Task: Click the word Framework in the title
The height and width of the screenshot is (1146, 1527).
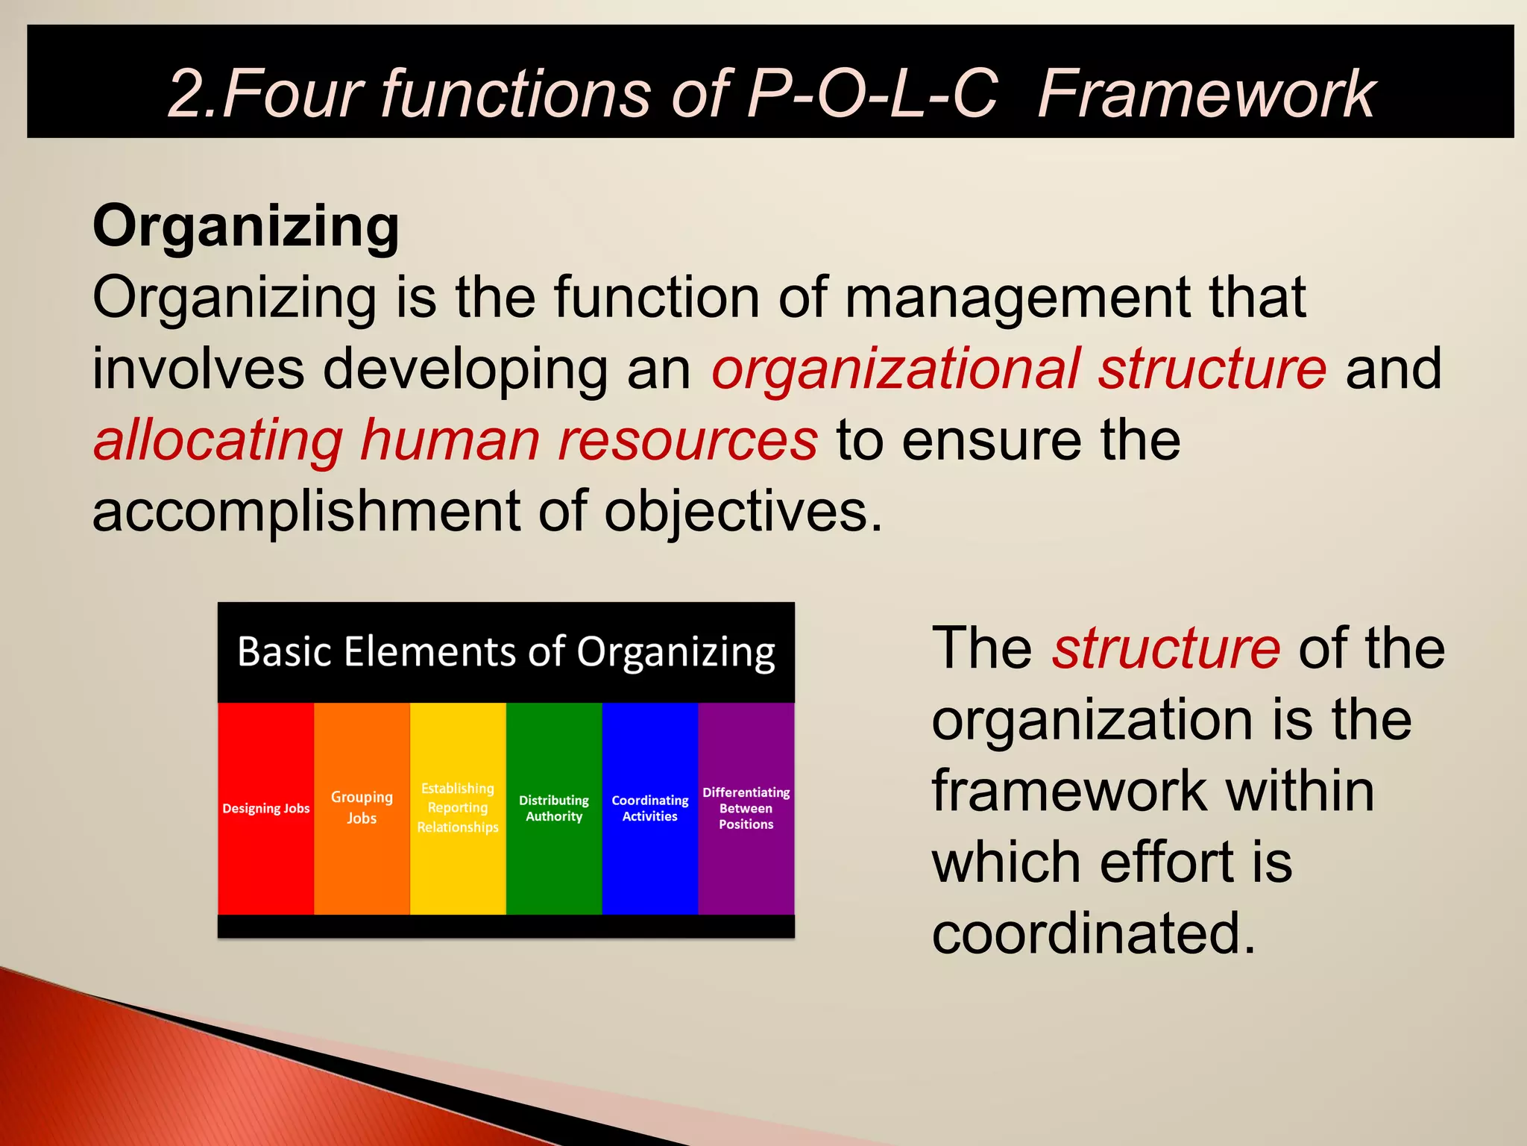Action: tap(1206, 94)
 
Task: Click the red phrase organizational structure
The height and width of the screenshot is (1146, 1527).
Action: tap(1018, 369)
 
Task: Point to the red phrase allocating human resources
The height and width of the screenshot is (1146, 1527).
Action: tap(455, 439)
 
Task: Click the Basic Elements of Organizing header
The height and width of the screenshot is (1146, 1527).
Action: tap(506, 651)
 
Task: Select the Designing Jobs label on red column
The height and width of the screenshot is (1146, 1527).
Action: tap(265, 809)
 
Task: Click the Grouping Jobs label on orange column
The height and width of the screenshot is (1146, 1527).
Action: tap(362, 807)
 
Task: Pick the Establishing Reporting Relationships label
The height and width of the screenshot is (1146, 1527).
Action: tap(458, 808)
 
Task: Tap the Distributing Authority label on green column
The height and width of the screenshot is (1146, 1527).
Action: tap(554, 808)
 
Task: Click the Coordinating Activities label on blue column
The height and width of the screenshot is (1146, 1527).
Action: tap(650, 808)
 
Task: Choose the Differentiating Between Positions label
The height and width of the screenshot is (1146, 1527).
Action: tap(746, 808)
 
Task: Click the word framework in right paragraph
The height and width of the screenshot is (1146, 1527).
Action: tap(1068, 791)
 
